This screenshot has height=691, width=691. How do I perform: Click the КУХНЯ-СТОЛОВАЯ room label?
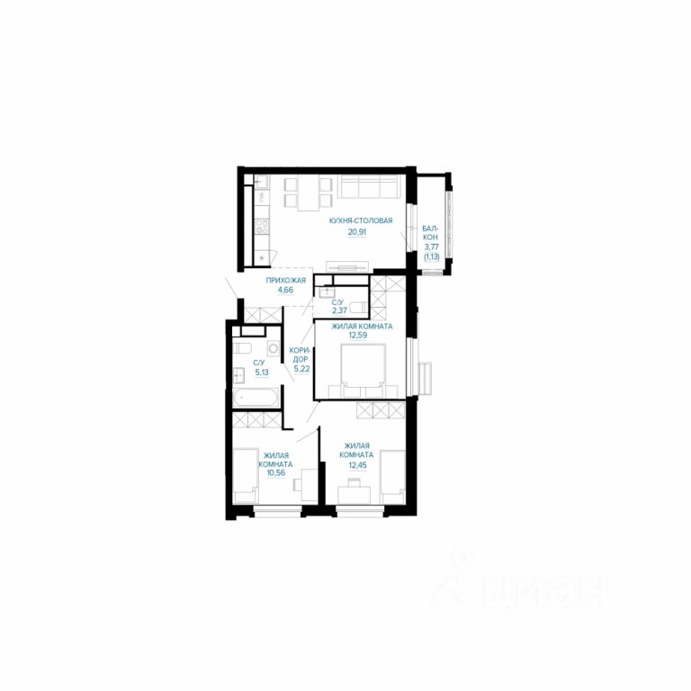coord(361,220)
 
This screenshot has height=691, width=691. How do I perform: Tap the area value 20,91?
coord(357,232)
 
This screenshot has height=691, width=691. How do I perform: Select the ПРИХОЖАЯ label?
coord(285,280)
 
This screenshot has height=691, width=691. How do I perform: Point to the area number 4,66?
coord(285,290)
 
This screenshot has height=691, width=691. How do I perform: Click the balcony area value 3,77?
coord(432,247)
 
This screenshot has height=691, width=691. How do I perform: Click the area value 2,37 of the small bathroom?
coord(339,310)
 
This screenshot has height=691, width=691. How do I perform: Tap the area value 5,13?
coord(261,372)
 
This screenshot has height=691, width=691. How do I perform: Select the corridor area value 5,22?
coord(301,369)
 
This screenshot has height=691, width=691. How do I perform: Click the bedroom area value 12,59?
coord(357,335)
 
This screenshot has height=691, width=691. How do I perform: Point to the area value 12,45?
coord(357,464)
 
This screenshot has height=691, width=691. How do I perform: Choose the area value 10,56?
coord(275,472)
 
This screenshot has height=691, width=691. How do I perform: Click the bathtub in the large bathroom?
coord(256,398)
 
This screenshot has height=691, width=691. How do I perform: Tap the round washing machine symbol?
coord(274,348)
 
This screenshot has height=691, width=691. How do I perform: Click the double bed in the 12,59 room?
coord(363,367)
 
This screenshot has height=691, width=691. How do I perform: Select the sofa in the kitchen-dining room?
coord(371,186)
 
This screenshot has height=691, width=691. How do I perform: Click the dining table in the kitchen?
coord(309,193)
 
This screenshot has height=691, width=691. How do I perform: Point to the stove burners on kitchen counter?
coord(262,227)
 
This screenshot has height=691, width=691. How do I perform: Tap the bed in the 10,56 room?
coord(245,476)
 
